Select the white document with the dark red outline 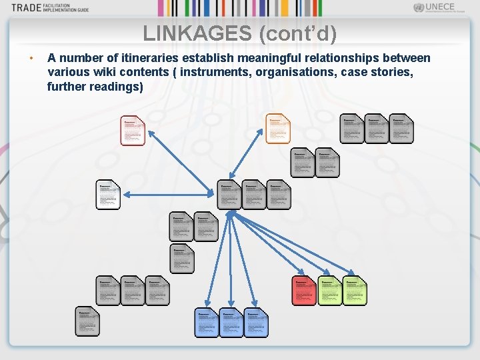pos(133,130)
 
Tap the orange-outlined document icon pos(278,128)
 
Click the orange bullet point pos(31,59)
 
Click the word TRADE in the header pos(25,8)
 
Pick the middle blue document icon pos(231,323)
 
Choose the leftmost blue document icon pos(207,323)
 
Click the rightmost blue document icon pos(256,323)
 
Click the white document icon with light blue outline pos(109,195)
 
